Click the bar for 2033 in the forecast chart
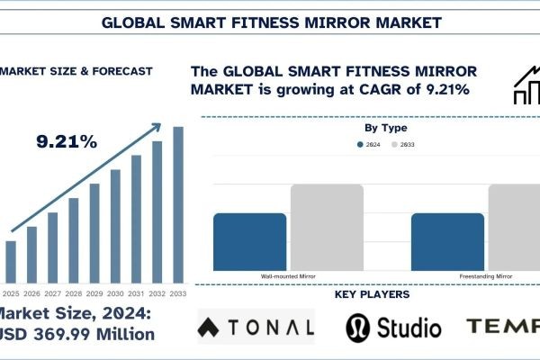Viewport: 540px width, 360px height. point(177,203)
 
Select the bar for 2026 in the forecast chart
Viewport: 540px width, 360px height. point(31,254)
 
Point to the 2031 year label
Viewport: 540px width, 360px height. point(136,293)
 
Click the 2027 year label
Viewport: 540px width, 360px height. point(52,293)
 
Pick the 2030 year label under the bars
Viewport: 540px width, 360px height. point(115,293)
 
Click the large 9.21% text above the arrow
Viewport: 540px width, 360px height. point(66,141)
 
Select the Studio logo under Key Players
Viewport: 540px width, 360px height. point(392,327)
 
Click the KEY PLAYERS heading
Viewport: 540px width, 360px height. point(372,294)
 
